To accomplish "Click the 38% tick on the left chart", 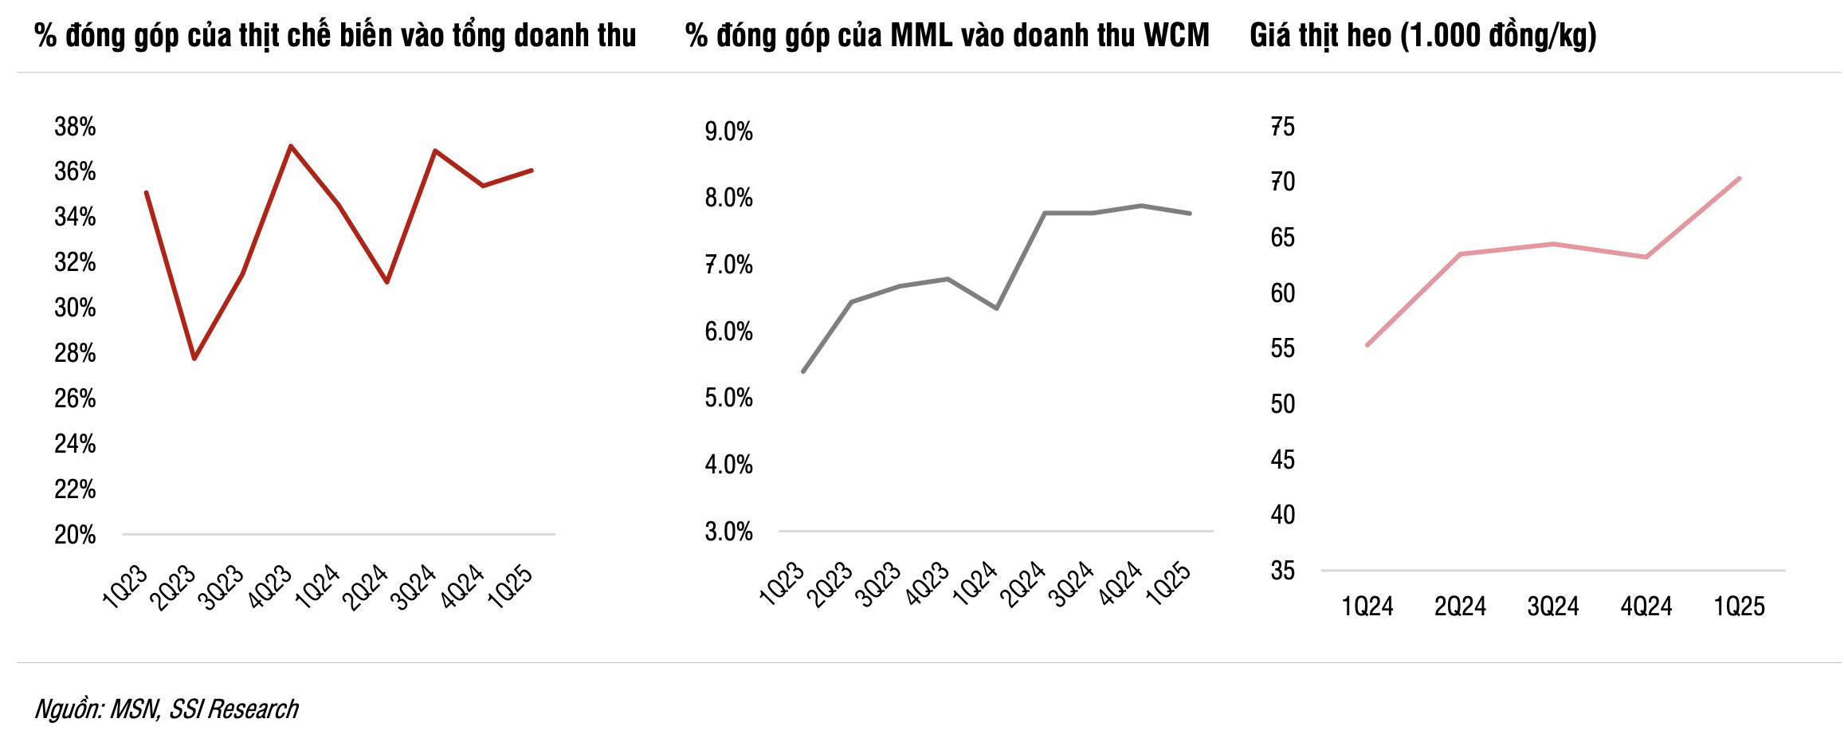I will pos(75,127).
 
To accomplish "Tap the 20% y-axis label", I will pos(75,535).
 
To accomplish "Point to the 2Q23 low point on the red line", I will pos(194,359).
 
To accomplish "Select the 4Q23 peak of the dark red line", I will pos(291,146).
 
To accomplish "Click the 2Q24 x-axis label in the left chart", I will pos(366,586).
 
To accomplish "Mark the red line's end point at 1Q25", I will pos(532,170).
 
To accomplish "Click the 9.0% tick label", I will pos(728,132).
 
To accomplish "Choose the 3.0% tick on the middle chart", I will pos(728,532).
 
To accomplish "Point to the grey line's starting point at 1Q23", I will pos(803,371).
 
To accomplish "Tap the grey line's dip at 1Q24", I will pos(997,308).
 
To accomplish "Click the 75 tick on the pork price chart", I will pos(1282,127).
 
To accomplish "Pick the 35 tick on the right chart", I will pos(1282,571).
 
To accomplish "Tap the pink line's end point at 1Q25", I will pos(1740,179).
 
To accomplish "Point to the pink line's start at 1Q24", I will pos(1367,345).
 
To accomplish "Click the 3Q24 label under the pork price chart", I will pos(1553,607).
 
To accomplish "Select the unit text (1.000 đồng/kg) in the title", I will pos(1498,36).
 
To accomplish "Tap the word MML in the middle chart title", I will pos(921,36).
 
